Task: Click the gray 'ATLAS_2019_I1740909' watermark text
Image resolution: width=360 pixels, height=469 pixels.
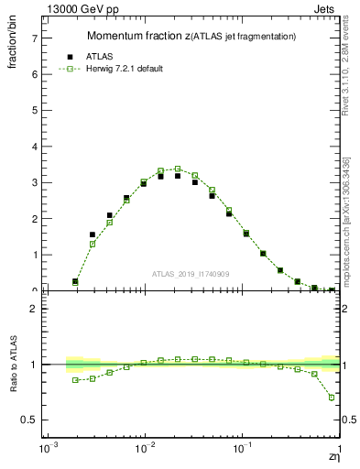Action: point(191,274)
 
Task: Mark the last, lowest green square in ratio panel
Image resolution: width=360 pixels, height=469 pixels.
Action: point(332,398)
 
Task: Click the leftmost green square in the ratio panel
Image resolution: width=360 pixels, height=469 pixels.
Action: point(75,380)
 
